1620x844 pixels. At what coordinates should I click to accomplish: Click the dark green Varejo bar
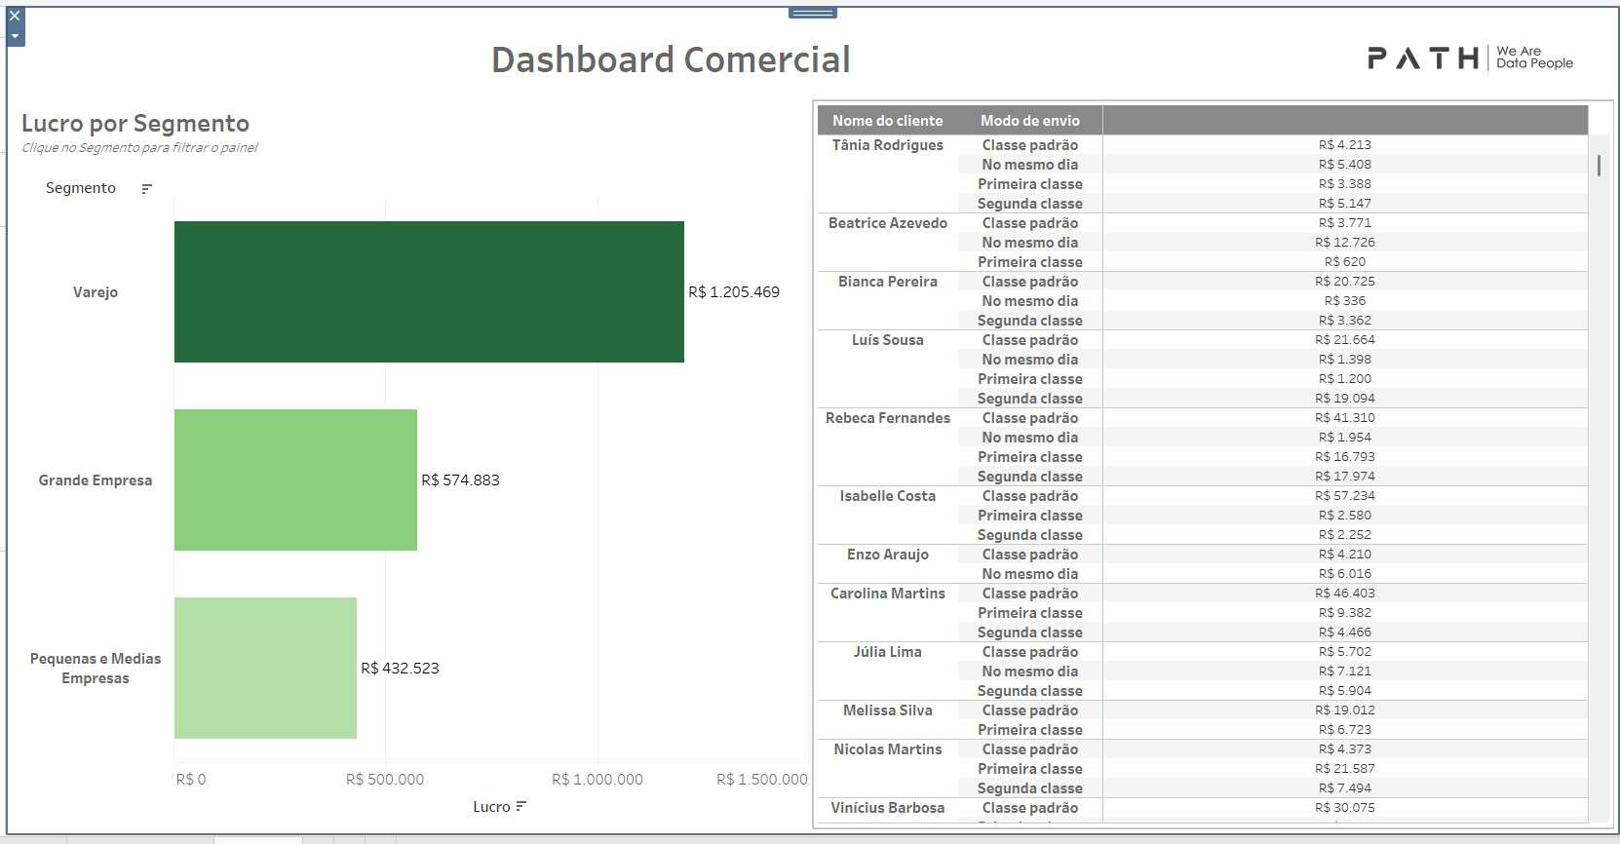[x=429, y=291]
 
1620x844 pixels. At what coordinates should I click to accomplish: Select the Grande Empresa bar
[x=295, y=480]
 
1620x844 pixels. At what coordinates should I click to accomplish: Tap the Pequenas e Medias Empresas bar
[x=265, y=668]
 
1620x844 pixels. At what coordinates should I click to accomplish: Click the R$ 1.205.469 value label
[x=734, y=292]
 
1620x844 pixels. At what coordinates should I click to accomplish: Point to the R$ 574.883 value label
[x=460, y=480]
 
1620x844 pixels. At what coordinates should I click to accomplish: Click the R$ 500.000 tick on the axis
[x=385, y=780]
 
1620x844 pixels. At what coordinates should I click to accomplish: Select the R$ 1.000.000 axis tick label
[x=598, y=780]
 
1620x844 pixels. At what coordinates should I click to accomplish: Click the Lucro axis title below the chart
[x=491, y=807]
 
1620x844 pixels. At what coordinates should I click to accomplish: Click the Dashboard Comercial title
[x=671, y=59]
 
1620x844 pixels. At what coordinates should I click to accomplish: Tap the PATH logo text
[x=1423, y=58]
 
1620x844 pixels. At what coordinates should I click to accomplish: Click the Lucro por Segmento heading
[x=135, y=124]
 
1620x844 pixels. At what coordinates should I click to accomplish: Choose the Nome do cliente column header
[x=887, y=121]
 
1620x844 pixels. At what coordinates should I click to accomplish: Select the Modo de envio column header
[x=1030, y=121]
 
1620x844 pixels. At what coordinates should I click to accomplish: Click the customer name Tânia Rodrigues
[x=887, y=145]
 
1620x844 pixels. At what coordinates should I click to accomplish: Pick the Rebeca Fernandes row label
[x=887, y=418]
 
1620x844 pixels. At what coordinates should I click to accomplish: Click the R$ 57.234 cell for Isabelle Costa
[x=1345, y=496]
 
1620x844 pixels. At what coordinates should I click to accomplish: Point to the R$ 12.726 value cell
[x=1345, y=243]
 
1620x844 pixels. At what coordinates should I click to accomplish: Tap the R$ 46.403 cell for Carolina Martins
[x=1345, y=594]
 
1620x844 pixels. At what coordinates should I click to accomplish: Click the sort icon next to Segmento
[x=146, y=189]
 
